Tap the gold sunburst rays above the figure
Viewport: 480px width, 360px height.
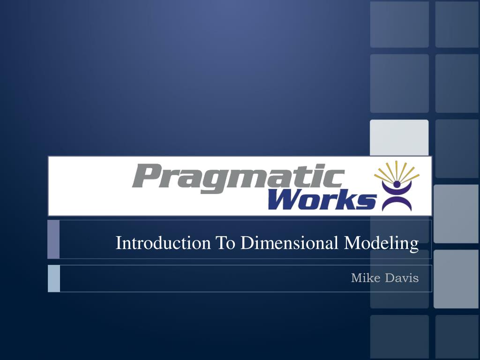[397, 172]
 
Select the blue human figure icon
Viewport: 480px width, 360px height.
[397, 197]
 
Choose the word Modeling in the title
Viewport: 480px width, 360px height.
[382, 243]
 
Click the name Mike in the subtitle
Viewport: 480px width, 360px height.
[366, 278]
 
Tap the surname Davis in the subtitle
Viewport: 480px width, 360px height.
[402, 278]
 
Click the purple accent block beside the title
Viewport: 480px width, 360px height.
[53, 239]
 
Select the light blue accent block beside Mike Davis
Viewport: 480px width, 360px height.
[54, 278]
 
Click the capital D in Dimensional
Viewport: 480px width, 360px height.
[247, 243]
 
